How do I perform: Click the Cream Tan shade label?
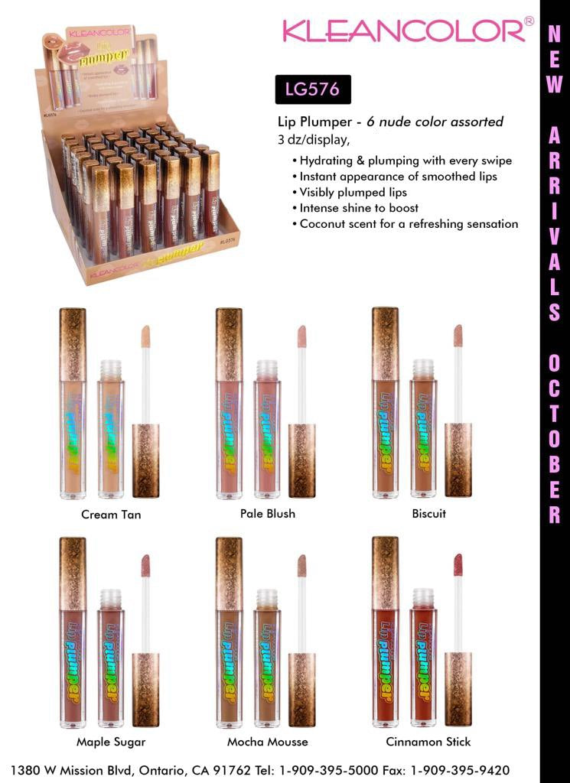[x=111, y=515]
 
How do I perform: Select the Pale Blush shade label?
[x=267, y=513]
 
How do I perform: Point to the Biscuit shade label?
[x=428, y=513]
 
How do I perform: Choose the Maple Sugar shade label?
[x=111, y=742]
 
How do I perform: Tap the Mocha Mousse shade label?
[x=268, y=742]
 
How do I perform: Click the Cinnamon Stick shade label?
[x=428, y=742]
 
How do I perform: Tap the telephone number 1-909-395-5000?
[x=347, y=770]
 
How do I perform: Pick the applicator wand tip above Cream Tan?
[x=145, y=335]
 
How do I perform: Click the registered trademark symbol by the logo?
[x=529, y=21]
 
